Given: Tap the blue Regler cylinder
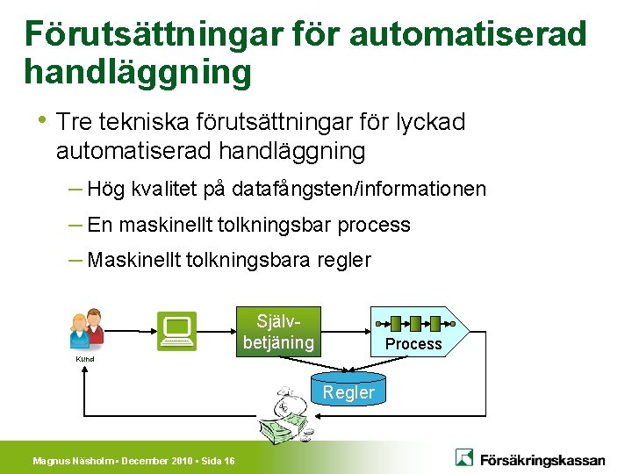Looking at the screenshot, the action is point(348,391).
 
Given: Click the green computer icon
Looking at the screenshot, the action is point(176,331).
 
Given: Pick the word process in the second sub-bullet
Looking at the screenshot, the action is point(374,225).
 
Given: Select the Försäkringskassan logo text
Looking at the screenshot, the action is point(542,459).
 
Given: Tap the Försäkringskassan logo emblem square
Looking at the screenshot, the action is point(465,457).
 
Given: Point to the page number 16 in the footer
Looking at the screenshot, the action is point(229,461).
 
